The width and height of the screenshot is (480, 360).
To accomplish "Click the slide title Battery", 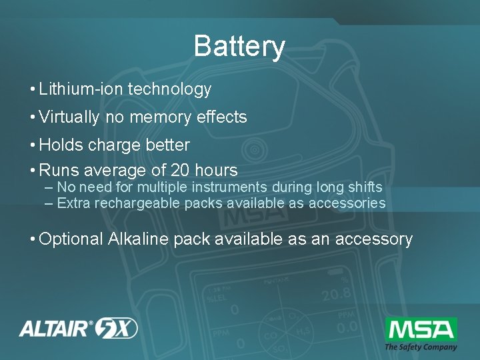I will click(239, 47).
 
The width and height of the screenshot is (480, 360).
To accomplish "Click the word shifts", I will click(364, 187).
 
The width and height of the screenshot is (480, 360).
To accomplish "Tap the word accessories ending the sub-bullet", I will click(347, 203).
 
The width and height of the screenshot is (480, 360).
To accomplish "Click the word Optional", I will click(71, 239).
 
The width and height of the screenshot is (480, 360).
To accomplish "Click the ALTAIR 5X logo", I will click(78, 328).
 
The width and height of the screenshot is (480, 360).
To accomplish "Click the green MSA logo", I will click(421, 329).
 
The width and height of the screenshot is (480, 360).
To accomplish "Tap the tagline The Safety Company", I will click(421, 347).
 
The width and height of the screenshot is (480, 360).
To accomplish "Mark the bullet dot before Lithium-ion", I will click(31, 90).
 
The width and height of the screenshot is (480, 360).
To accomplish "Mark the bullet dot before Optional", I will click(31, 239).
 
